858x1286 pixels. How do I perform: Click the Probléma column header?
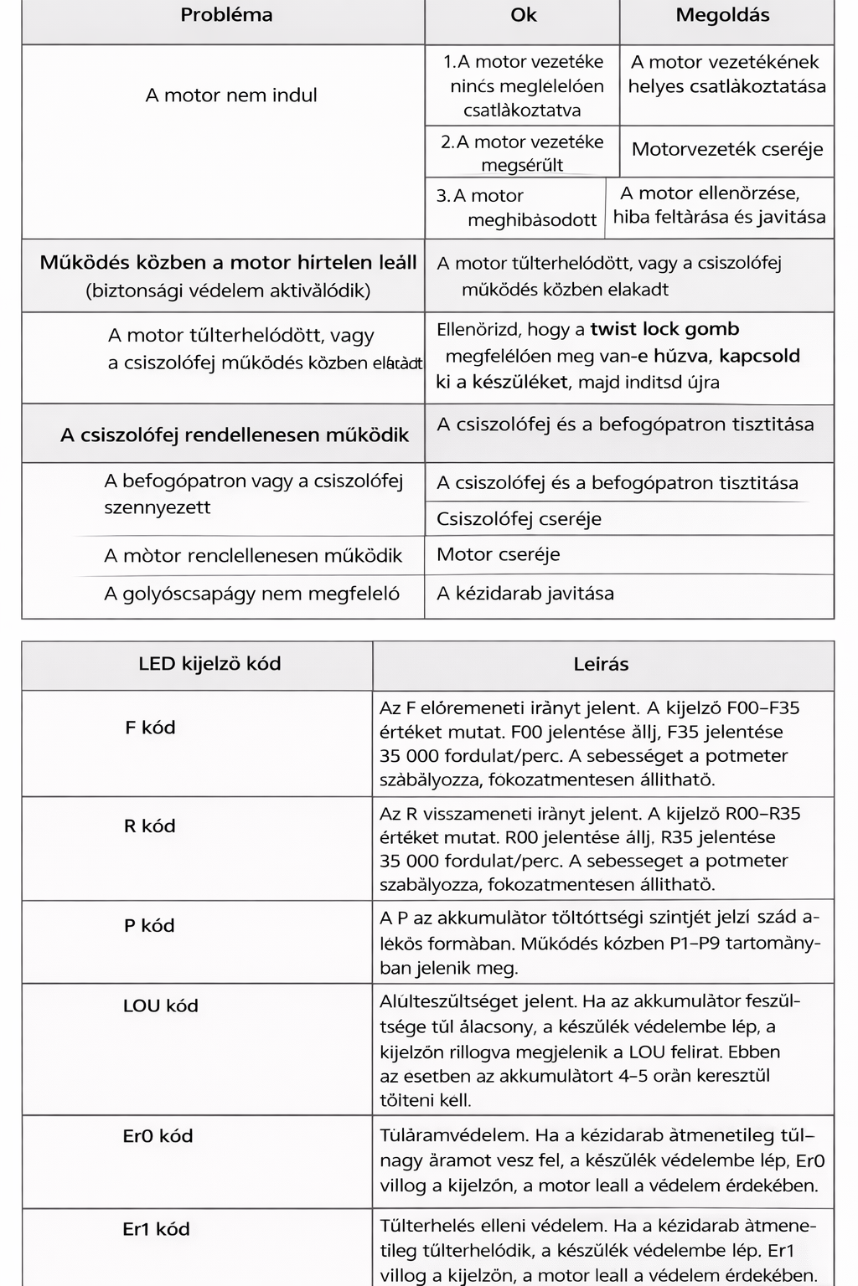coord(226,15)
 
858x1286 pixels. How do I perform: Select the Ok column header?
coord(523,15)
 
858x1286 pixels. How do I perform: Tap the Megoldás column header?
coord(722,15)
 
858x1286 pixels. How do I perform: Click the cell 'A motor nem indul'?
coord(231,95)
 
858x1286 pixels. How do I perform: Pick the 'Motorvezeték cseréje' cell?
coord(727,150)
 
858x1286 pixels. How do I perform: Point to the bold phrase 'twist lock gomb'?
coord(664,329)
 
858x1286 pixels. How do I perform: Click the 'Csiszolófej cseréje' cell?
coord(519,519)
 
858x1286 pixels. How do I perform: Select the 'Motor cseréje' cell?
coord(499,554)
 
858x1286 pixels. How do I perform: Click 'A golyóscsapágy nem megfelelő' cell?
coord(251,594)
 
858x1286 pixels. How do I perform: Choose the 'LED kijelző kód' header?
coord(209,664)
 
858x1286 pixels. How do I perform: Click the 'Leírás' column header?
coord(601,665)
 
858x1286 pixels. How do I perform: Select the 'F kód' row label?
coord(150,728)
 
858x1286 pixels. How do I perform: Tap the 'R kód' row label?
coord(150,826)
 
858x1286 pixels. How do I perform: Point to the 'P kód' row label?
coord(149,926)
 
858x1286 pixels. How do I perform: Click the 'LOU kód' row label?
coord(161,1006)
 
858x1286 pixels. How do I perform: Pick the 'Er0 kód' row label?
coord(158,1136)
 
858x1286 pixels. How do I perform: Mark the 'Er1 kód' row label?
coord(156,1229)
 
